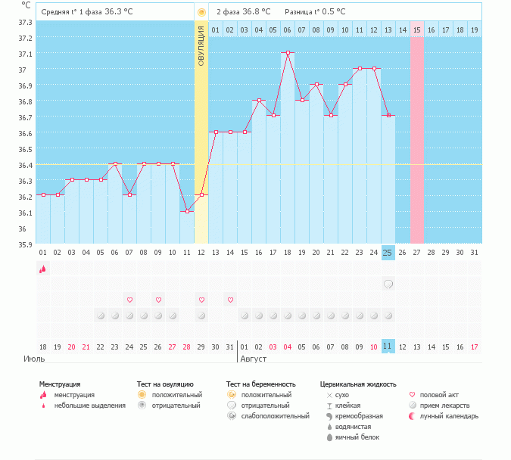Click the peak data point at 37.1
pyautogui.click(x=288, y=53)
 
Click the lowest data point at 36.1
pyautogui.click(x=187, y=212)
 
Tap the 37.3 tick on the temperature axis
pyautogui.click(x=25, y=22)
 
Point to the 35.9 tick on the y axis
pyautogui.click(x=25, y=244)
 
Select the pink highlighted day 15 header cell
pyautogui.click(x=416, y=30)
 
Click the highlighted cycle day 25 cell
pyautogui.click(x=388, y=251)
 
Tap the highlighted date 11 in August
pyautogui.click(x=388, y=346)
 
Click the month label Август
pyautogui.click(x=253, y=358)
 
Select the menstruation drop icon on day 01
pyautogui.click(x=42, y=268)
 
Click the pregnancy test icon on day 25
pyautogui.click(x=388, y=284)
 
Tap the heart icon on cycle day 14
pyautogui.click(x=230, y=300)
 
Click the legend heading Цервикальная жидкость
pyautogui.click(x=357, y=384)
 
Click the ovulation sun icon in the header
pyautogui.click(x=201, y=12)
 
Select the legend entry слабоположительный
pyautogui.click(x=274, y=416)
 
